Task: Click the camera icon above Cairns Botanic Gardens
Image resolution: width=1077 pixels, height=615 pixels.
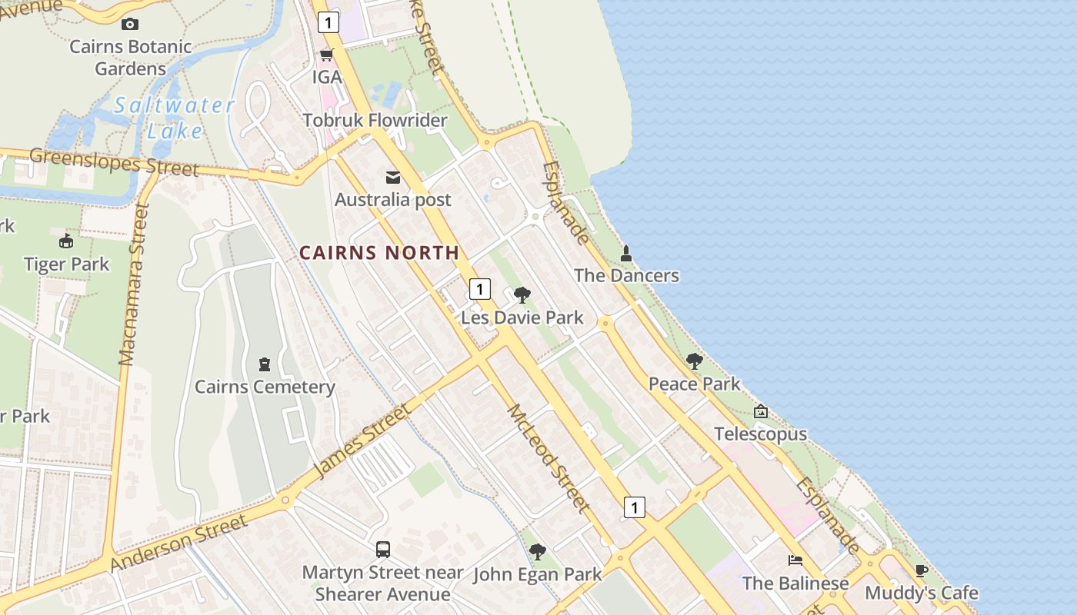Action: [x=130, y=25]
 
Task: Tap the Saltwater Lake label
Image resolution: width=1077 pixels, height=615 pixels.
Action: [x=175, y=118]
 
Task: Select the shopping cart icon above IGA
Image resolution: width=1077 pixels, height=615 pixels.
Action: [x=327, y=55]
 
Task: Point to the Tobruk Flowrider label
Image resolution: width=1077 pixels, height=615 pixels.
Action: [x=375, y=121]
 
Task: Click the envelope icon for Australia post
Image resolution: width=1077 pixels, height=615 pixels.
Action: [x=393, y=178]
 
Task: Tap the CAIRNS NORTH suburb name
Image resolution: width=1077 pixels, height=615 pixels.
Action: [x=379, y=253]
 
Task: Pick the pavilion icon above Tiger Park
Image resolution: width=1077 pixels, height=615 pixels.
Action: [x=66, y=241]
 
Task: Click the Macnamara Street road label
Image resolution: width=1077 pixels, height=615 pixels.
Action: [x=133, y=284]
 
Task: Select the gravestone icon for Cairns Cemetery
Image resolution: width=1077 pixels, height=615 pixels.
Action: [x=265, y=364]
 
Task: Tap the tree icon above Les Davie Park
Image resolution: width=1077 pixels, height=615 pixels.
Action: [x=522, y=295]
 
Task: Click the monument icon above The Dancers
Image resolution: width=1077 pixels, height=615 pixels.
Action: [x=626, y=253]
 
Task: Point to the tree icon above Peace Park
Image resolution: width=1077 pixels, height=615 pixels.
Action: [x=695, y=361]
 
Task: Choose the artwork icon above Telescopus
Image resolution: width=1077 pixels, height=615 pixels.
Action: [x=761, y=411]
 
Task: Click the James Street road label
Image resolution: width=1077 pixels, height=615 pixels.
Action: [x=362, y=440]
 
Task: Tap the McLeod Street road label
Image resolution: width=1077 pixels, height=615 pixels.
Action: [x=549, y=457]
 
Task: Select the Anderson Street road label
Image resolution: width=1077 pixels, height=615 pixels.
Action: [x=178, y=543]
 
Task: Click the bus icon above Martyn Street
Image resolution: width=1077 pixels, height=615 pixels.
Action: [x=383, y=549]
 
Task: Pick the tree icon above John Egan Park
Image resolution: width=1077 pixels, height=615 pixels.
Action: [x=538, y=551]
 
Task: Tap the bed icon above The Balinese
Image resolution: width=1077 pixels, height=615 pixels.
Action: [x=795, y=560]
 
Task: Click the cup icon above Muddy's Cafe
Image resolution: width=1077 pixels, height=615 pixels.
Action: [x=922, y=570]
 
